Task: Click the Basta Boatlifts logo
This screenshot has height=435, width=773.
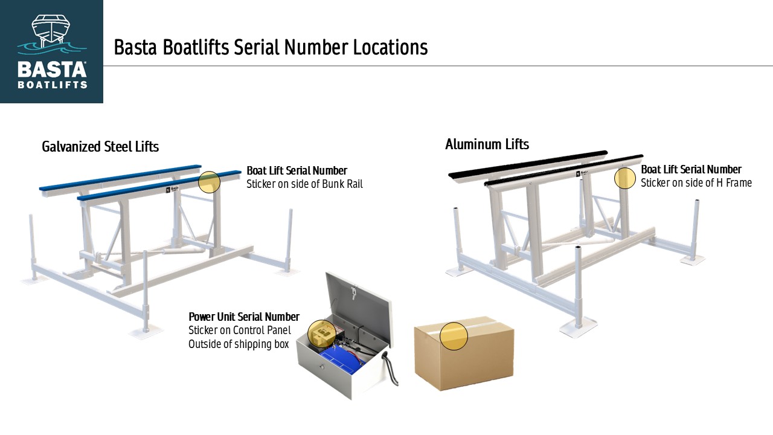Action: click(51, 51)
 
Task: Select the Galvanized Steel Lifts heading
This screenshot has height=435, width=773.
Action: click(100, 147)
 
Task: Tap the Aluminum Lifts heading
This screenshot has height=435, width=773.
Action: click(487, 144)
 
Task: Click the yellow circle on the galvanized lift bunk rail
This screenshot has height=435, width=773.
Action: click(209, 182)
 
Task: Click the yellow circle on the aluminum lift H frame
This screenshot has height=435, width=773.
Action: click(625, 178)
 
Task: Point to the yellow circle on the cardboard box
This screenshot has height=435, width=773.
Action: click(454, 336)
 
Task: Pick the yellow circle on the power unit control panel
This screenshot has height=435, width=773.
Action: click(322, 333)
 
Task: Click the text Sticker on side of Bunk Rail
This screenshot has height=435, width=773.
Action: click(304, 184)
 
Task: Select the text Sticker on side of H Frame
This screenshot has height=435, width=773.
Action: click(696, 182)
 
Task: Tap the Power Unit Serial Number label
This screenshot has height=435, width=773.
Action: click(244, 317)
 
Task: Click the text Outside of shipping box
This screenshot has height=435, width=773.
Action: click(238, 344)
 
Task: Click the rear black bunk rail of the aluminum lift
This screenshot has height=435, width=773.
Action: click(528, 164)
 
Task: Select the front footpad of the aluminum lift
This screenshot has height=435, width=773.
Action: click(578, 327)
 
